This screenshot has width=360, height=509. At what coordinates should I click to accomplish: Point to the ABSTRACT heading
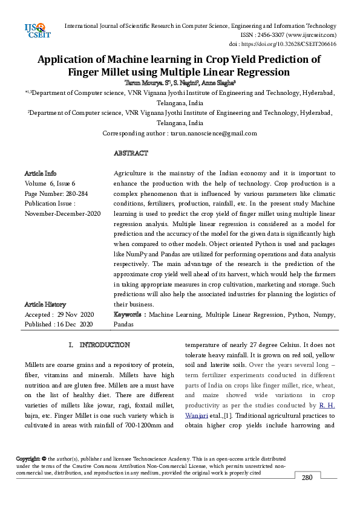point(131,154)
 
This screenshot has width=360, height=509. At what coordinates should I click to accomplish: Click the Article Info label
point(41,173)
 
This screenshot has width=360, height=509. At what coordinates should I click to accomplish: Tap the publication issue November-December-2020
point(62,213)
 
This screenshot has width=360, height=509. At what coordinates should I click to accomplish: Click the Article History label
point(45,305)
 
